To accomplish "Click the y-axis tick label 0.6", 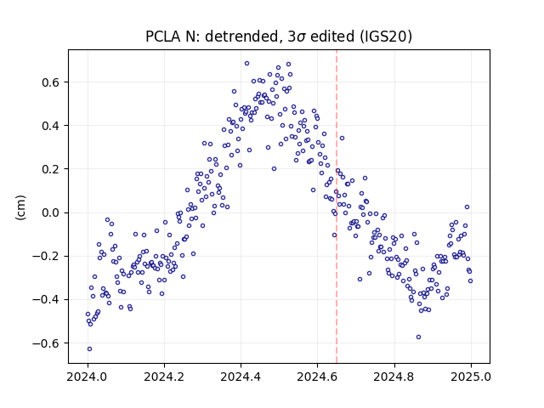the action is tap(51, 82).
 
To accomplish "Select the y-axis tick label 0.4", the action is tap(51, 126).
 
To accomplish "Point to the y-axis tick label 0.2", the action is tap(51, 169).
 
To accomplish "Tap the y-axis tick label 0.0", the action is tap(51, 212).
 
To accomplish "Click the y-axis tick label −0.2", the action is tap(47, 256).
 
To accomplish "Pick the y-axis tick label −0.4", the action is tap(47, 299).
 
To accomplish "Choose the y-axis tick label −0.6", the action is tap(47, 343).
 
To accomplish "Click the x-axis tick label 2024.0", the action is tap(88, 377).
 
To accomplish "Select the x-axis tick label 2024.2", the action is tap(164, 377).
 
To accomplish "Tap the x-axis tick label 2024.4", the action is tap(241, 377).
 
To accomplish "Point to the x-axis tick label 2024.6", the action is tap(317, 377).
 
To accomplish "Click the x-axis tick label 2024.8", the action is tap(394, 377).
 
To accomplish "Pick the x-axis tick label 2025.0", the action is tap(471, 377).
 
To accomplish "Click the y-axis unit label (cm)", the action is tap(20, 207).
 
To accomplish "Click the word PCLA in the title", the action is tap(162, 37).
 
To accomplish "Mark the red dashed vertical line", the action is tap(337, 207).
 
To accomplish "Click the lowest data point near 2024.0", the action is tap(89, 348).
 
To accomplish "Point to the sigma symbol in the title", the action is tap(302, 37).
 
